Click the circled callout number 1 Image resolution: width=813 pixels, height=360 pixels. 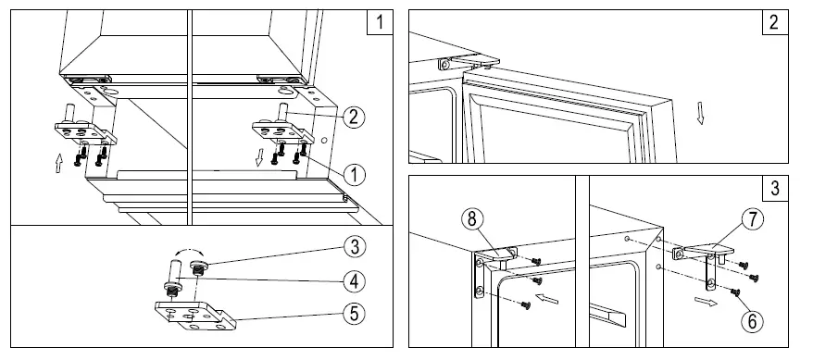coord(354,175)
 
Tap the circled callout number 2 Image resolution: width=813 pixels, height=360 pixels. coord(354,118)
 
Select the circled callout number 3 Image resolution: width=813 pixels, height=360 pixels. coord(354,247)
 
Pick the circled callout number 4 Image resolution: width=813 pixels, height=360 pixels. coord(354,281)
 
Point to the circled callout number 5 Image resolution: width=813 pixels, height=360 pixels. coord(354,314)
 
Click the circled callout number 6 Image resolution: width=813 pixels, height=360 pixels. coord(752,321)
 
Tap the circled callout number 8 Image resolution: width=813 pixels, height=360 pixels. coord(471,219)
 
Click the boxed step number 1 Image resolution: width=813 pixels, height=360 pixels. coord(380,22)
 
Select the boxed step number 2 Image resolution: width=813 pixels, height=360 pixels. coord(775,22)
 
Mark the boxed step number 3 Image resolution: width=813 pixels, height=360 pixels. coord(775,188)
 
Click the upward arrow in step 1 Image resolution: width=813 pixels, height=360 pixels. coord(58,163)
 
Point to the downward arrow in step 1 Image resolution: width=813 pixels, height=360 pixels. coord(260,157)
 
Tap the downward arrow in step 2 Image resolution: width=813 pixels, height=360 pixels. coord(700,114)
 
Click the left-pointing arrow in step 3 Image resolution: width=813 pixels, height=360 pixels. coord(547,298)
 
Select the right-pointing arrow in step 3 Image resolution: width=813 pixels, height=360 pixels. coord(706,302)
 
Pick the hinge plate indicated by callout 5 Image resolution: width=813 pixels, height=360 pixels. coord(195,316)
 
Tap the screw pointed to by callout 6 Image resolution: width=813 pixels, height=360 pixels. coord(734,292)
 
